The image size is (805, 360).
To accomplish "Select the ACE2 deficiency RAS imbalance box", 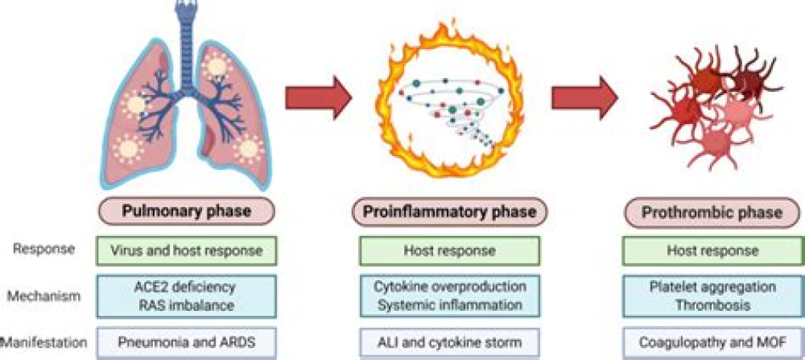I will click(188, 296).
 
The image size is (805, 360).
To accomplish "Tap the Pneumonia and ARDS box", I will click(188, 341).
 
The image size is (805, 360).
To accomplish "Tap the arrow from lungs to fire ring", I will click(319, 97).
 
